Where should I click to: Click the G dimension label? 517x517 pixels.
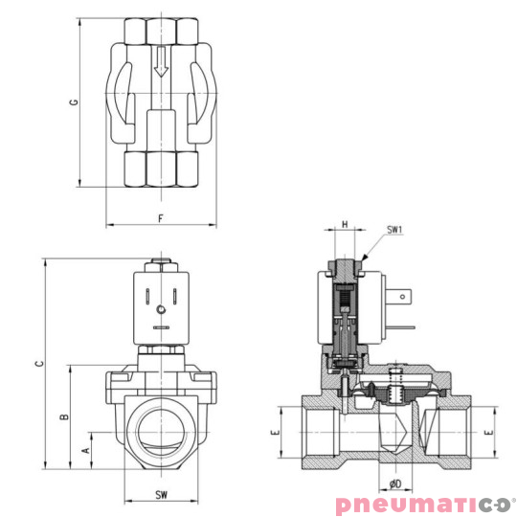[x=73, y=102]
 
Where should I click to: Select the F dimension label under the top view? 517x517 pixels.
[x=160, y=219]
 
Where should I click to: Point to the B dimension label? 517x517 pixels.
[x=63, y=417]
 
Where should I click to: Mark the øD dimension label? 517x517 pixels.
[x=395, y=483]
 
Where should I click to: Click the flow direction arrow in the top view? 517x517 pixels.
[x=161, y=63]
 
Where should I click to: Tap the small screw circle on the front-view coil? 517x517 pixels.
[x=160, y=310]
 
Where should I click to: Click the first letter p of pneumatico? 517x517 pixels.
[x=343, y=506]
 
